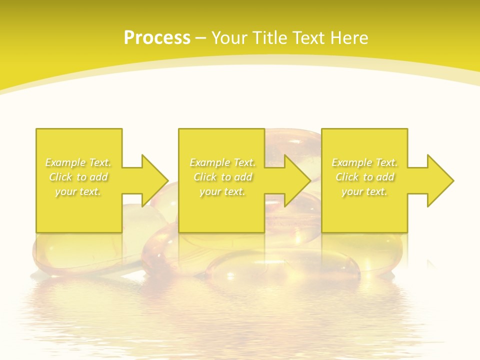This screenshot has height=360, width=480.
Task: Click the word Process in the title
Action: [x=157, y=38]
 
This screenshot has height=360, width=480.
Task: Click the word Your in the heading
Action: [x=228, y=38]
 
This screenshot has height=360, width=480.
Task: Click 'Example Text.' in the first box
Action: [x=78, y=162]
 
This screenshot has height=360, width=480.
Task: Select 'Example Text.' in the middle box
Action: [x=222, y=162]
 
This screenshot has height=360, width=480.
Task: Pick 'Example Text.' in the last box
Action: [x=364, y=162]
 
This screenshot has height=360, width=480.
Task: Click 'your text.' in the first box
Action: [x=78, y=191]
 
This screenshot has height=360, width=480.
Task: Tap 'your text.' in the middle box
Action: [x=222, y=191]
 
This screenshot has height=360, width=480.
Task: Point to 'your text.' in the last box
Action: [x=364, y=191]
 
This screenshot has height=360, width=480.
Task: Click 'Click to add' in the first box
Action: [x=78, y=177]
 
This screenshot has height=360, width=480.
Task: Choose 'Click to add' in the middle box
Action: [x=222, y=177]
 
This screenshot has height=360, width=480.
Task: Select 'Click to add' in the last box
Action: [x=364, y=177]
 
